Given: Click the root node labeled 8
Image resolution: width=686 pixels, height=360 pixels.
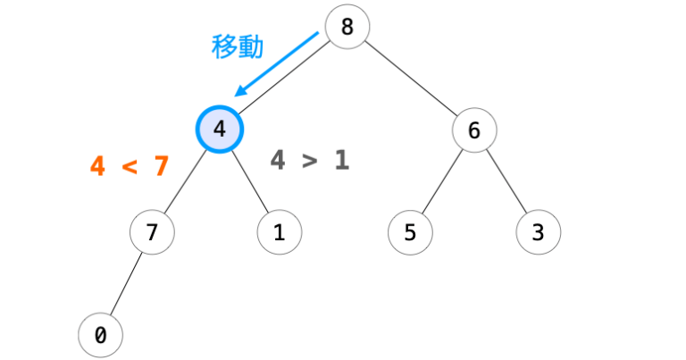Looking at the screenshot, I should coord(347,27).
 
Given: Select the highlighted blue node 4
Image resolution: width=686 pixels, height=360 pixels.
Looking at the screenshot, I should coord(219,130).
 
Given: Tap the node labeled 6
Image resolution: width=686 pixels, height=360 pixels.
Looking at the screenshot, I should coord(474,130).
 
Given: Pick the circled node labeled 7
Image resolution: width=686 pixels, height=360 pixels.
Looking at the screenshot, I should coord(152,233).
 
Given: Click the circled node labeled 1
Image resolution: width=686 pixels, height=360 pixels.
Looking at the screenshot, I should coord(279,233).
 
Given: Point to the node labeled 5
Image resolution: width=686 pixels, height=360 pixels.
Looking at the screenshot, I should coord(410,233).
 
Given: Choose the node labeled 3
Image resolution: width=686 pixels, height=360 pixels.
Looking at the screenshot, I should coord(538,233).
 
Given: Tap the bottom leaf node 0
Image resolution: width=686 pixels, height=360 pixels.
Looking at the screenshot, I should coord(100,336).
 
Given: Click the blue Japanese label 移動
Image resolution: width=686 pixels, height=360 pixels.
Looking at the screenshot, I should coord(237,46).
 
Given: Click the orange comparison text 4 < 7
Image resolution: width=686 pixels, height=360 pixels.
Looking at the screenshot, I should coord(130,166).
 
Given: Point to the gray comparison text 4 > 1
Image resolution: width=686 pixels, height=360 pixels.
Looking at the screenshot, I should coord(309,161).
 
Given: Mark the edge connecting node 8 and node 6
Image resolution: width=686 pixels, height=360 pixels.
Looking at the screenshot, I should coord(411,79).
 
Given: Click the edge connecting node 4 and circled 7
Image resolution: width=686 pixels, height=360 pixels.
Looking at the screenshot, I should coord(185,182).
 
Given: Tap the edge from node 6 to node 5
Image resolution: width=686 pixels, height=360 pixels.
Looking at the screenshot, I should coord(442,182).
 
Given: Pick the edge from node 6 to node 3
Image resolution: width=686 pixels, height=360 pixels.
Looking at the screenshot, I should coord(506,182).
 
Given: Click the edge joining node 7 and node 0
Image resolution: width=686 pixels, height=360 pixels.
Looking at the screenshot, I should coord(126,285).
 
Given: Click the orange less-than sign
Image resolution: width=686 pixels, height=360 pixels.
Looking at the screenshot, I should coord(130,167).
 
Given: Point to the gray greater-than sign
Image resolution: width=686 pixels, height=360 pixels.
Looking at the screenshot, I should coord(309,162).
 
